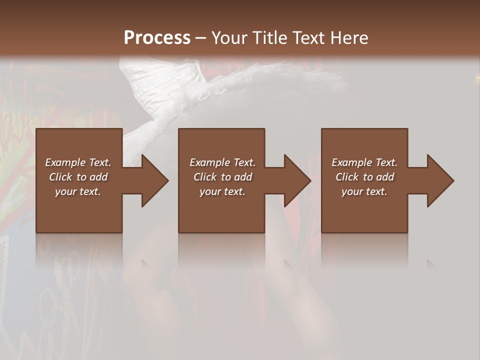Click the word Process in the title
click(157, 37)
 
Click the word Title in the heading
click(269, 37)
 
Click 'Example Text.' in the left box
click(78, 162)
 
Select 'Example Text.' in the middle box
click(222, 162)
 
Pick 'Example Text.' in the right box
click(364, 162)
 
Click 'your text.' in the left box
click(78, 191)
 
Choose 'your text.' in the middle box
click(222, 191)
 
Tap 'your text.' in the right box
click(364, 191)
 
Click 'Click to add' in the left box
click(78, 177)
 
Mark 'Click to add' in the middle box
click(222, 177)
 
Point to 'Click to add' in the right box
click(364, 177)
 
